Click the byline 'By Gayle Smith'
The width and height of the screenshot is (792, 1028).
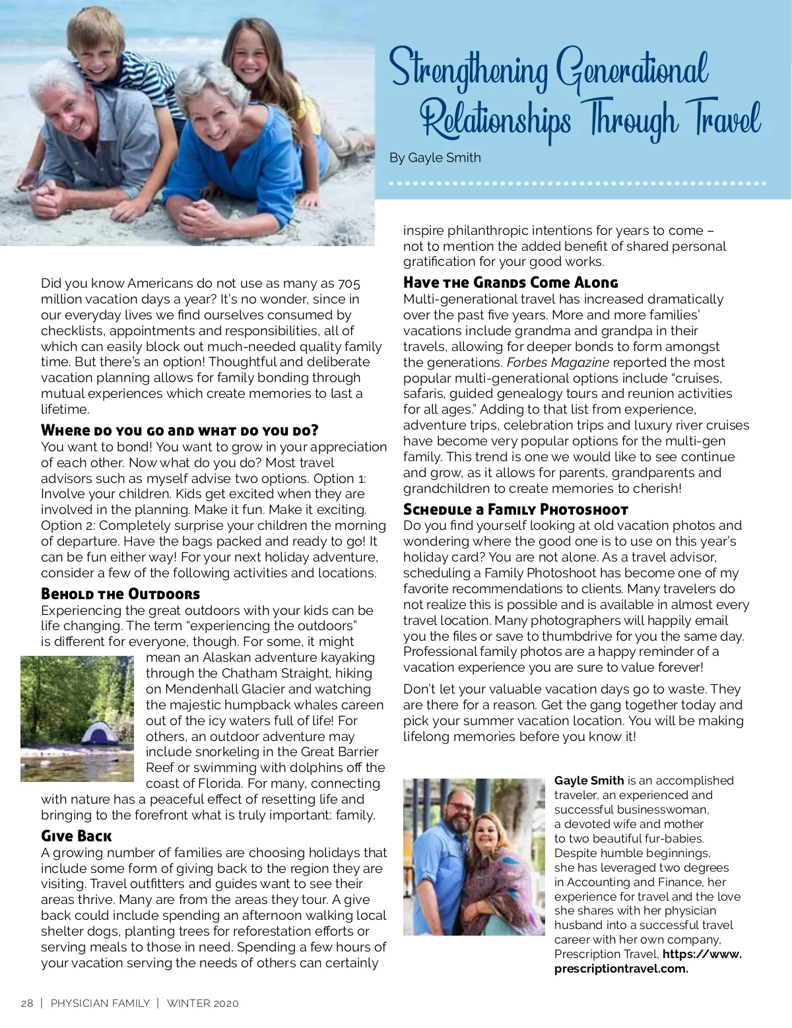[x=435, y=158]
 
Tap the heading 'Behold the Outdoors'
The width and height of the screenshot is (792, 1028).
[x=120, y=594]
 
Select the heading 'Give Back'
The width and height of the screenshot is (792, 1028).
[x=76, y=837]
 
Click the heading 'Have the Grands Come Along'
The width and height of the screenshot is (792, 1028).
[x=510, y=283]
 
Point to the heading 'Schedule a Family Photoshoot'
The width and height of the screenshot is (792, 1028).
[x=515, y=509]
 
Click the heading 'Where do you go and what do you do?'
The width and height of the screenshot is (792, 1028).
[x=180, y=431]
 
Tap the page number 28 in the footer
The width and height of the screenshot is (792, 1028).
[x=27, y=1004]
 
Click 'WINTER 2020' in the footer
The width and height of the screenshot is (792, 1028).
[x=203, y=1004]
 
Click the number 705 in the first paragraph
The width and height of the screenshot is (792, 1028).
[x=349, y=284]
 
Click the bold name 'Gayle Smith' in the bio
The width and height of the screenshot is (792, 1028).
[x=589, y=781]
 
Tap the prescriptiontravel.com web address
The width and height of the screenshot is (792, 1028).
[x=621, y=969]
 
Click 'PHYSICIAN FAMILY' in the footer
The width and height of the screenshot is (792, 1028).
[x=100, y=1004]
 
